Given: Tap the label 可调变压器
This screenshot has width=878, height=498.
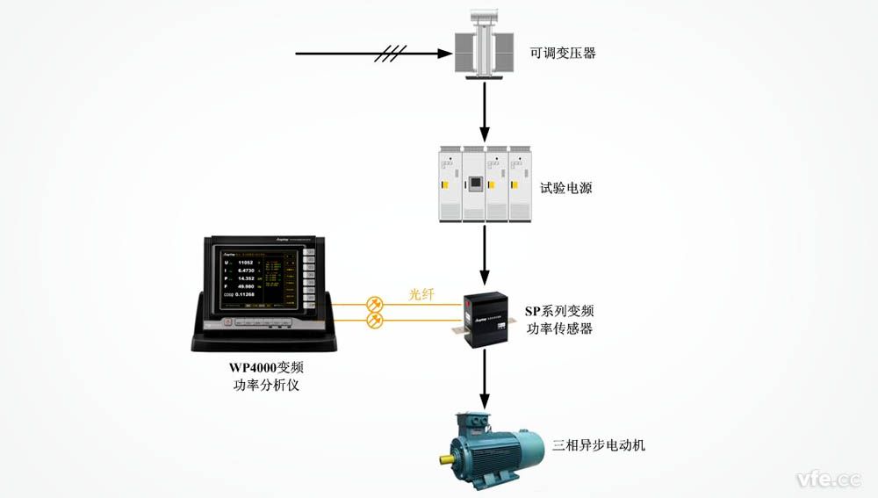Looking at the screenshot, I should click(x=564, y=54).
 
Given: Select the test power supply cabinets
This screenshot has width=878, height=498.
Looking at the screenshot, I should click(x=484, y=182).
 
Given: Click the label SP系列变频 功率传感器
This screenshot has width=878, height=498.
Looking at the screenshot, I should click(x=559, y=320).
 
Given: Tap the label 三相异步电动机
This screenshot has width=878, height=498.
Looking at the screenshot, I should click(x=599, y=445).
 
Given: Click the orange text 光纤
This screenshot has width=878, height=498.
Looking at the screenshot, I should click(x=422, y=295).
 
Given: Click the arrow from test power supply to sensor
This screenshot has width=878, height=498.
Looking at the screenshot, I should click(x=484, y=254).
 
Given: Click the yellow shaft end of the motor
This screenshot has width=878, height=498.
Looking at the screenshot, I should click(x=453, y=458).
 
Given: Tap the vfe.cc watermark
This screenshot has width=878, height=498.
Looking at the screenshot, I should click(x=828, y=479).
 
